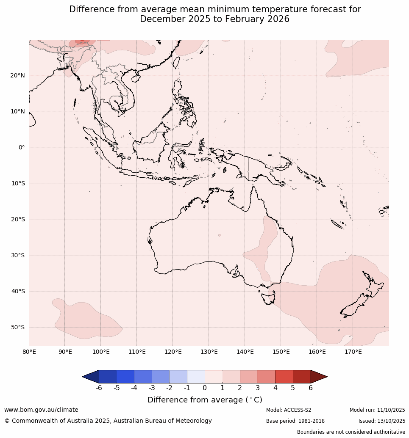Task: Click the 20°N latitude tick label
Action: click(x=17, y=76)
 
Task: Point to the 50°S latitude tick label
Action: click(x=17, y=328)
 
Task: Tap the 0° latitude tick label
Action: click(x=22, y=148)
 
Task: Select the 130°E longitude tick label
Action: click(x=209, y=352)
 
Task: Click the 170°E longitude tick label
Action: click(x=353, y=352)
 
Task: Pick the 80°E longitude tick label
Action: click(x=29, y=352)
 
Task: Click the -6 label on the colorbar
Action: click(x=99, y=388)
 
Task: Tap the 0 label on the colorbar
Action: click(x=205, y=388)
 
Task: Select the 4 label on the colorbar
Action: click(x=275, y=388)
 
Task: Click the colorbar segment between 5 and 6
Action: click(x=302, y=377)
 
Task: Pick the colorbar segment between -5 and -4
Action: click(x=125, y=377)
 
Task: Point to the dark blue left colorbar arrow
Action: click(x=90, y=377)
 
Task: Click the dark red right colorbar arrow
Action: click(x=319, y=377)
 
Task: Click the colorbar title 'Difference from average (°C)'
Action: click(x=205, y=400)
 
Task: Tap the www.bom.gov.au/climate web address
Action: click(x=41, y=410)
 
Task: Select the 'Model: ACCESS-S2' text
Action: click(x=289, y=410)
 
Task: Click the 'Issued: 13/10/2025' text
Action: click(x=382, y=421)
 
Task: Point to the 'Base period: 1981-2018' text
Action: click(x=295, y=421)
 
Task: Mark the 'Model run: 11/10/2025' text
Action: click(x=377, y=410)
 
